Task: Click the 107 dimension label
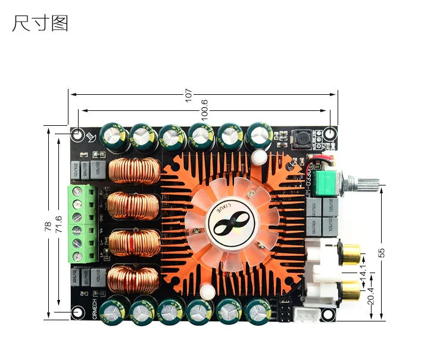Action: (189, 94)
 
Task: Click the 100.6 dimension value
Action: (204, 110)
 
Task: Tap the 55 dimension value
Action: (382, 252)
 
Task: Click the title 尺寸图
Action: (40, 23)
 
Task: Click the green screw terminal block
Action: (82, 224)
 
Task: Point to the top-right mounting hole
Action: (331, 133)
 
